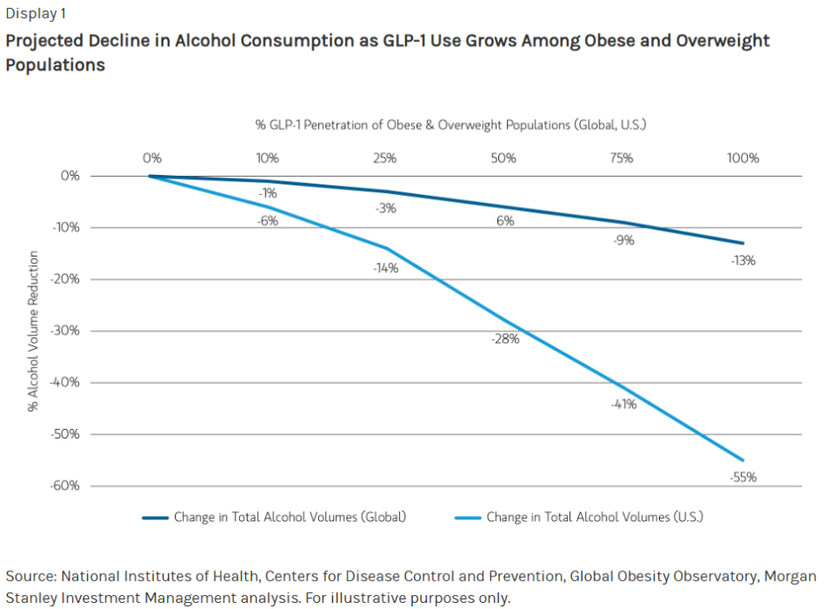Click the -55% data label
coord(743,477)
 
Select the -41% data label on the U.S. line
coord(625,404)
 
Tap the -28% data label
coord(505,339)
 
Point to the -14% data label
coord(385,268)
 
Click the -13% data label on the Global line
coord(743,260)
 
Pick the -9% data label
coord(625,239)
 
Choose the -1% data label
coord(268,192)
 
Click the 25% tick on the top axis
coord(385,158)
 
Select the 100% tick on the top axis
coord(743,158)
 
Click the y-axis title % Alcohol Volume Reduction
coord(33,331)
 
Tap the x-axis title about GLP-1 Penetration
coord(451,125)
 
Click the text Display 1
coord(35,13)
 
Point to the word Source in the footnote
coord(29,576)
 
